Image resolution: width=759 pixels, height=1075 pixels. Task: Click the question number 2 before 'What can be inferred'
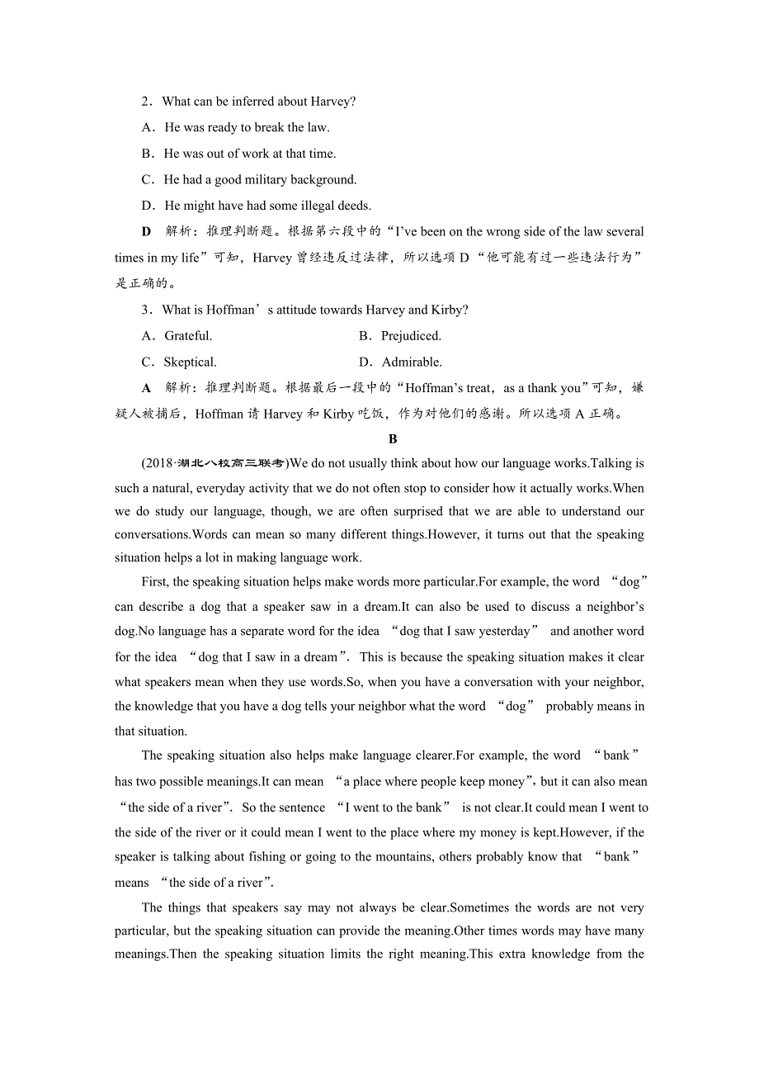pos(145,102)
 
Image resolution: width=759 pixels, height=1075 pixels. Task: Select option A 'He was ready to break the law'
pos(247,127)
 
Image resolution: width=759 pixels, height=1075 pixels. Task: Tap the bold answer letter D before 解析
pos(147,232)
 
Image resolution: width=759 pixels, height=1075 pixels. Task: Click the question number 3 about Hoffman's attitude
pos(145,310)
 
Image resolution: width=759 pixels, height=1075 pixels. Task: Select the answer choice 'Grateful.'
pos(188,336)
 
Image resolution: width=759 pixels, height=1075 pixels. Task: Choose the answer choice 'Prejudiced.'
pos(411,336)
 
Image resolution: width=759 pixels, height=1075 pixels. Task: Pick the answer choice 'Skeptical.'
pos(190,362)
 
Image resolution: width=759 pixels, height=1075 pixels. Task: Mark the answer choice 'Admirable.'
pos(412,362)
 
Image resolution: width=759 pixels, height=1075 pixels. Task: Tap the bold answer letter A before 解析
pos(147,388)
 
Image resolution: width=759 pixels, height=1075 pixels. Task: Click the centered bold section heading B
pos(393,439)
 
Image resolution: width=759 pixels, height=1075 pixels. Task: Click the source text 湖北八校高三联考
pos(233,463)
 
